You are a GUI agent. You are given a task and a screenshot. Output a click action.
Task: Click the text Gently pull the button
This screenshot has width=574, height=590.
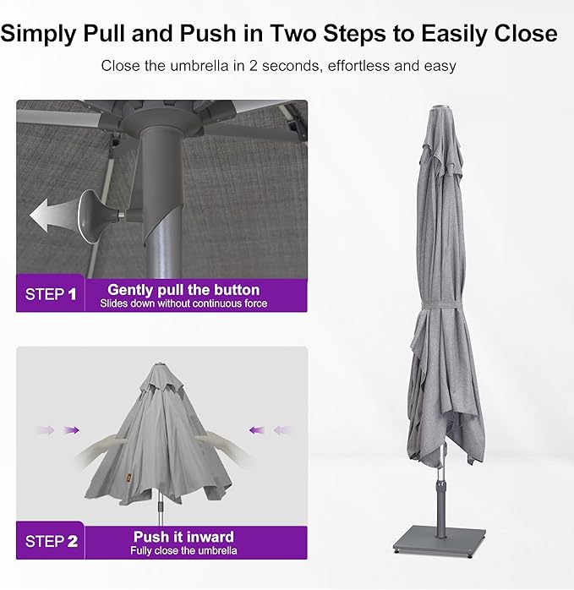pos(183,289)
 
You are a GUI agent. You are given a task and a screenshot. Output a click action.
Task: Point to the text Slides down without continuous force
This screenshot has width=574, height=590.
pos(183,303)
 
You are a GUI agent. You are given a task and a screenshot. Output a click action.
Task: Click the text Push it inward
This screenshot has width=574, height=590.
pos(183,536)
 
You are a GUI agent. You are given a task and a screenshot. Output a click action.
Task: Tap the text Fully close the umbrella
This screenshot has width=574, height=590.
pos(183,550)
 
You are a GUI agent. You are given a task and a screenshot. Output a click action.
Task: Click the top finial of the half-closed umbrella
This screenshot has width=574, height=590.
pos(161,364)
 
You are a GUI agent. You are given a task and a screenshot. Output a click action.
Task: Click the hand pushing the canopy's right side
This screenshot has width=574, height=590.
pos(215,439)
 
